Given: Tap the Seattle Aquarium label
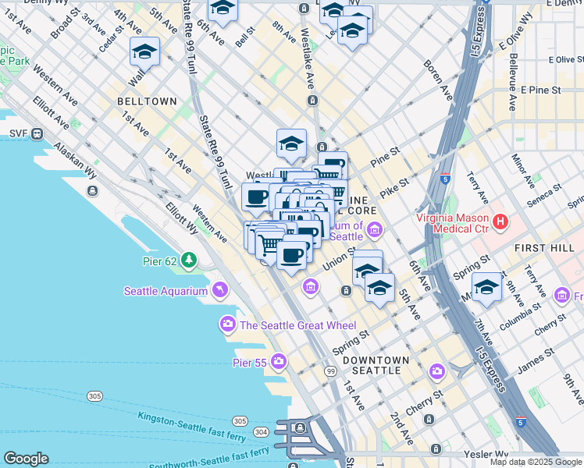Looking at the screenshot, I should click(165, 292).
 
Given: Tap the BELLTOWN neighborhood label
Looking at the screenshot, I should click(146, 101).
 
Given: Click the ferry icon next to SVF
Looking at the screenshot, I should click(37, 134).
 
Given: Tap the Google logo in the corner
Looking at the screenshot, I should click(26, 459).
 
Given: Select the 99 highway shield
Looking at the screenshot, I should click(331, 371).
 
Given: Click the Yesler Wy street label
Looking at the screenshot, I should click(485, 453).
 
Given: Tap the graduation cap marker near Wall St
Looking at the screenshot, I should click(144, 51).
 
